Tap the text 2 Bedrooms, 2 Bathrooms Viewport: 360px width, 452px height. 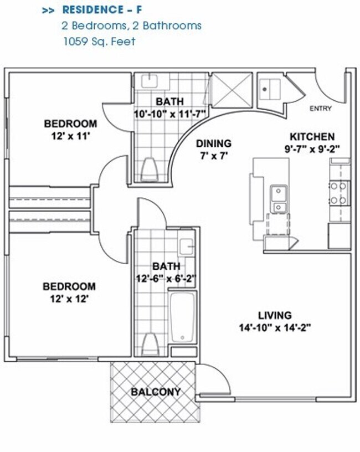tap(131, 25)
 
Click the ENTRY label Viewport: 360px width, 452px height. tap(321, 109)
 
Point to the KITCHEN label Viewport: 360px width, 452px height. tap(312, 137)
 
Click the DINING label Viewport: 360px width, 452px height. tap(213, 143)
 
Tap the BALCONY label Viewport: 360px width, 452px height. tap(156, 392)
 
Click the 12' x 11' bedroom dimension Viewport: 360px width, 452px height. tap(70, 135)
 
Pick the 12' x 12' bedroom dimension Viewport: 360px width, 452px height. tap(70, 298)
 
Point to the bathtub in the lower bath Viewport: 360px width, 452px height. tap(182, 317)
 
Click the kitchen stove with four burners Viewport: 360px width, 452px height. tap(339, 193)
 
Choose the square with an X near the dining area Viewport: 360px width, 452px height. tap(232, 89)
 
